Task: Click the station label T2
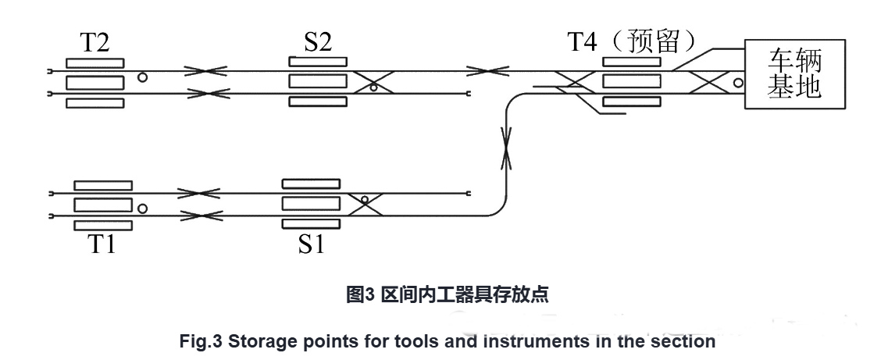(x=95, y=43)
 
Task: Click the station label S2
(x=317, y=43)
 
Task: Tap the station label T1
(x=102, y=244)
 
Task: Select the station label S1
(x=310, y=244)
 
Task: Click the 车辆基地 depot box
(x=796, y=73)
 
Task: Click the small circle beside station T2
(x=141, y=77)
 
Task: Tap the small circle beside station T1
(x=142, y=209)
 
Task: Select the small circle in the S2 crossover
(x=374, y=88)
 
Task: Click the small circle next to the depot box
(x=737, y=81)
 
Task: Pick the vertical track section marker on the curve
(x=508, y=148)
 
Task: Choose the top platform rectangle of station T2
(x=95, y=62)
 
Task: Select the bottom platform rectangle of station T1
(x=102, y=226)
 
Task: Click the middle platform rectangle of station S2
(x=317, y=81)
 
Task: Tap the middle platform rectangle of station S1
(x=310, y=204)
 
